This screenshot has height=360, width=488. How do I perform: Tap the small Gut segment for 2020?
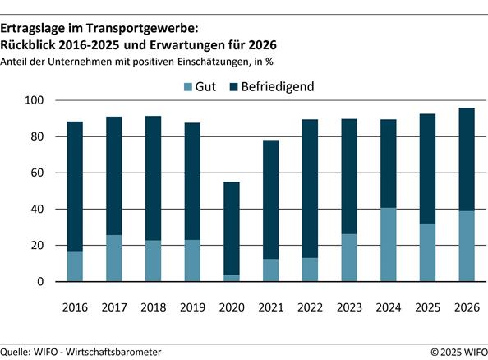tap(232, 278)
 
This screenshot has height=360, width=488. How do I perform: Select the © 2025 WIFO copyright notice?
tap(458, 352)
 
